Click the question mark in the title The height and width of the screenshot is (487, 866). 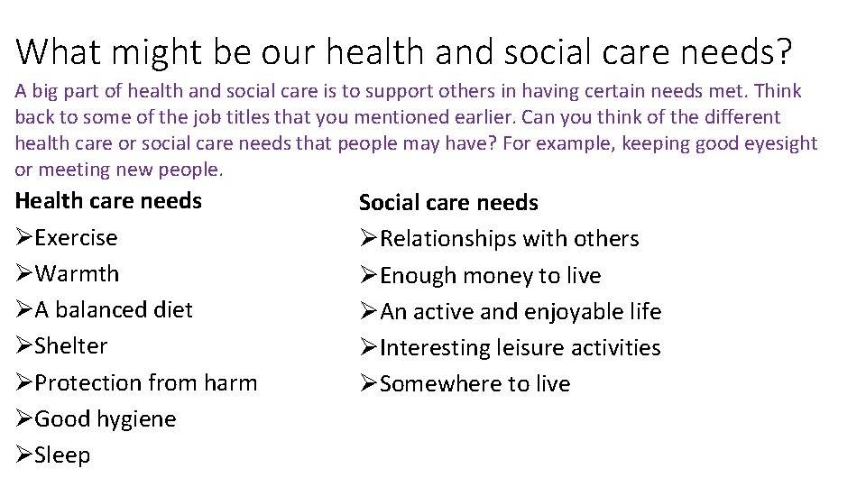pyautogui.click(x=781, y=51)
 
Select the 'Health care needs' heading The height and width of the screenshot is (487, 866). pyautogui.click(x=108, y=200)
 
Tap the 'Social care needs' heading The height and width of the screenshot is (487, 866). pyautogui.click(x=448, y=203)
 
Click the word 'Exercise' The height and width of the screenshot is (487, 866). pyautogui.click(x=76, y=238)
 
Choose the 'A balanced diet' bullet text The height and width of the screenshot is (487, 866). pyautogui.click(x=114, y=309)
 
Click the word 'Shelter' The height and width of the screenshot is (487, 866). pyautogui.click(x=71, y=345)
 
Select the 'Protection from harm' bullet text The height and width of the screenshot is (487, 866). pyautogui.click(x=145, y=382)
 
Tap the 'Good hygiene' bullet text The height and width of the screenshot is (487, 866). pyautogui.click(x=105, y=418)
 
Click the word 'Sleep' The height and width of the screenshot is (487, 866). pyautogui.click(x=62, y=455)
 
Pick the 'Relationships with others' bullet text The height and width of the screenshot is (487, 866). pyautogui.click(x=509, y=239)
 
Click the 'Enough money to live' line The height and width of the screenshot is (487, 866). pyautogui.click(x=490, y=275)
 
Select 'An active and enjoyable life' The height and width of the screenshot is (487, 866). pyautogui.click(x=521, y=312)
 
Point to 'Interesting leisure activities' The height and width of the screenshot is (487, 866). pyautogui.click(x=520, y=347)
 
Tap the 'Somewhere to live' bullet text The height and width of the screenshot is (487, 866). pyautogui.click(x=474, y=383)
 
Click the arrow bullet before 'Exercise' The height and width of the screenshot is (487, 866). pyautogui.click(x=24, y=238)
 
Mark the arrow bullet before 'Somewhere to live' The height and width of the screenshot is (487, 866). pyautogui.click(x=368, y=383)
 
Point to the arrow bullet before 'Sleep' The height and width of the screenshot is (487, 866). pyautogui.click(x=24, y=455)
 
